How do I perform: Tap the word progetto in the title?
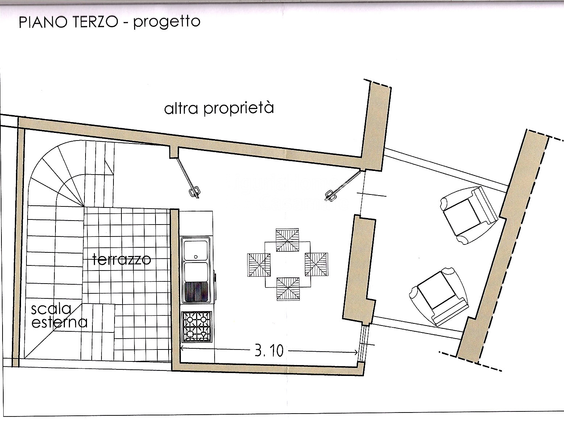point(166,22)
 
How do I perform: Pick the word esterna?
point(59,322)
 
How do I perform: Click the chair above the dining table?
point(288,240)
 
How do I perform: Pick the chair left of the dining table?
point(259,265)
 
